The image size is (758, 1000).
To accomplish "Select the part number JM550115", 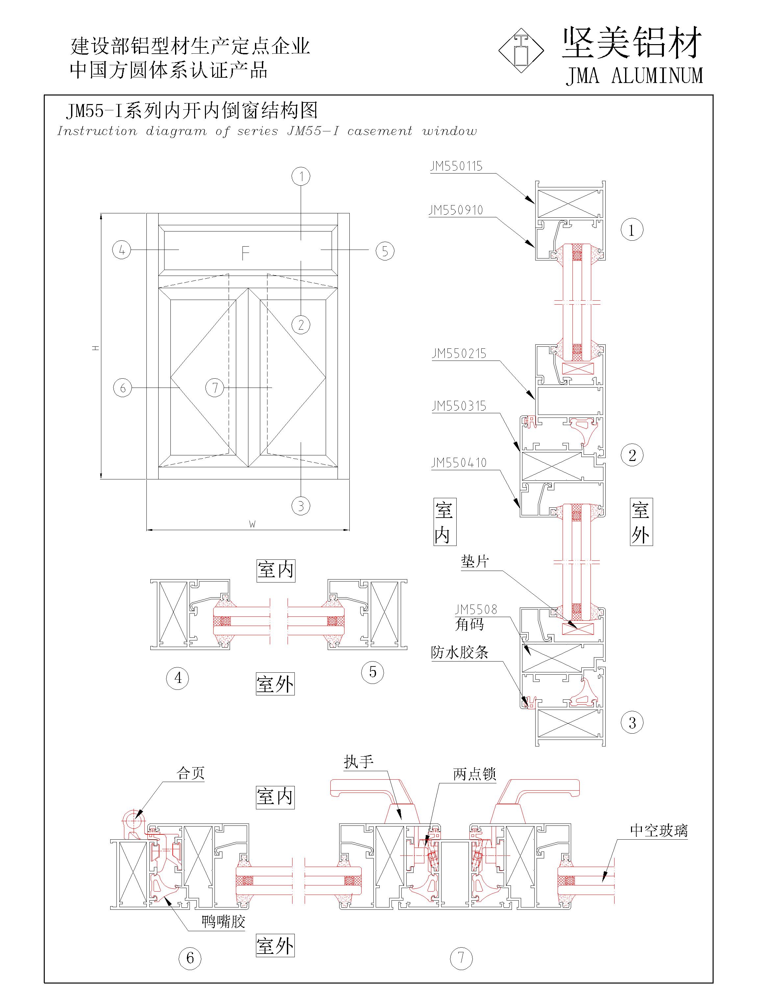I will [x=456, y=166].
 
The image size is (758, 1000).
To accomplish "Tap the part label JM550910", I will [x=456, y=210].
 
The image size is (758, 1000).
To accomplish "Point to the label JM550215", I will [x=459, y=354].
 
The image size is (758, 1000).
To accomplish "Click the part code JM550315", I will [x=459, y=406].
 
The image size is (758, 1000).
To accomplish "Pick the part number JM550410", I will [x=459, y=463].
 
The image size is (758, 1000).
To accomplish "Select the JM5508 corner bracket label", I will [x=476, y=610].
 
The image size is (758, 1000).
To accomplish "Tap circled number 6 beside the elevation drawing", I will [x=122, y=388].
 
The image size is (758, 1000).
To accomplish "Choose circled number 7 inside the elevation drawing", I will [x=215, y=388].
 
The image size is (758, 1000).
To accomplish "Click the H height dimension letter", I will [x=95, y=348].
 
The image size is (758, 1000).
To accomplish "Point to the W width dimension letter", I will [x=252, y=524].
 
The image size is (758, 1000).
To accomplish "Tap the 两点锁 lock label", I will [x=475, y=774].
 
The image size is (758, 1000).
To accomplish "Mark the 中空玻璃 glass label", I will [x=659, y=830].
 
